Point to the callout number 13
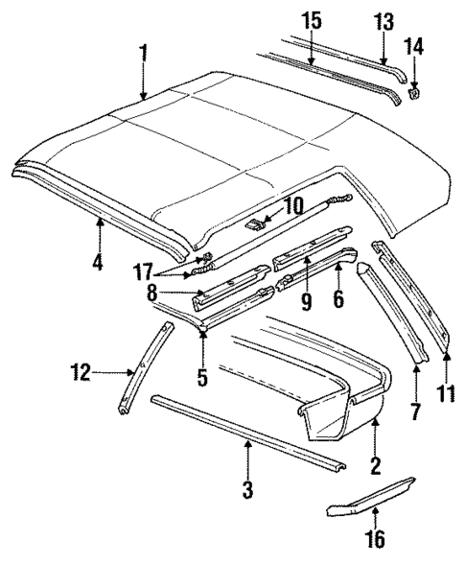pos(384,21)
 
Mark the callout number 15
pos(311,21)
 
